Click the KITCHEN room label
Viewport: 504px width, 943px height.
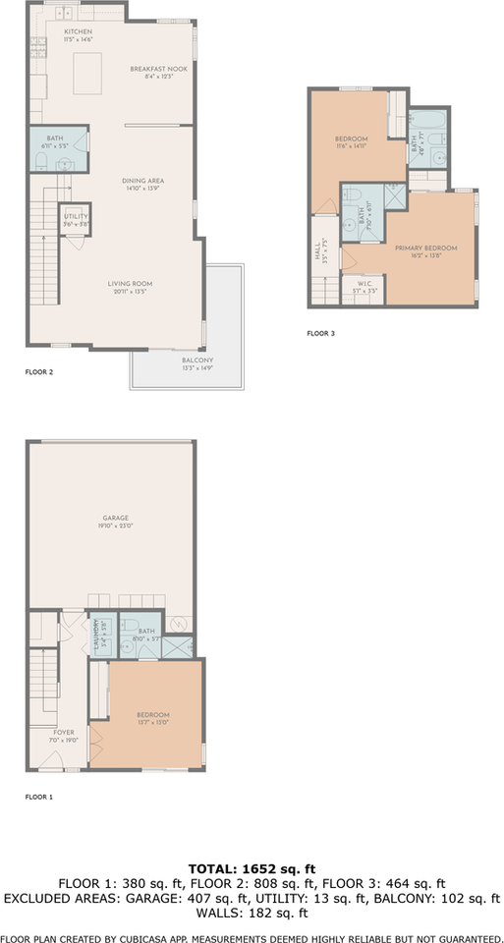pos(78,31)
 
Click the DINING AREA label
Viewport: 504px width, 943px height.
pos(142,181)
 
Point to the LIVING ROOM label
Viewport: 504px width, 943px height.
pos(130,284)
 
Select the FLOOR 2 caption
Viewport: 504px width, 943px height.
pos(39,373)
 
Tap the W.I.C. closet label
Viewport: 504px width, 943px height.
pos(364,286)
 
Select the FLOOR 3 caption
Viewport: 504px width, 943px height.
pos(321,334)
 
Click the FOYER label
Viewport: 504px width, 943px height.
pos(63,732)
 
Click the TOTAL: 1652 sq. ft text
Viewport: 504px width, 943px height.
pos(252,869)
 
